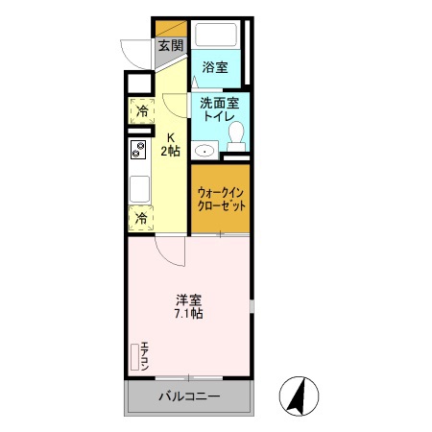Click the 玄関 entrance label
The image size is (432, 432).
click(x=170, y=45)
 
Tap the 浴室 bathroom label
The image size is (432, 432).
click(x=215, y=67)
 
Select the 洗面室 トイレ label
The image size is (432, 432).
click(x=219, y=107)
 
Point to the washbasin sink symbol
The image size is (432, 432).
click(x=204, y=150)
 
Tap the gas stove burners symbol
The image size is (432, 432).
click(x=137, y=149)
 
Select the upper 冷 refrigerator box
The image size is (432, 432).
click(x=140, y=111)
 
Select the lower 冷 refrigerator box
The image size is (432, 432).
click(x=140, y=218)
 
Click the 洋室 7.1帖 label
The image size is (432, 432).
click(x=188, y=305)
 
